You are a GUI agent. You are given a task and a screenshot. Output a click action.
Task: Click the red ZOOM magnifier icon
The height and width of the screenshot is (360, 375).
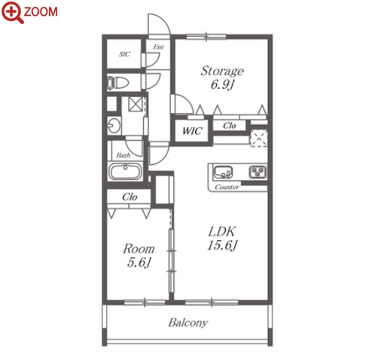click(12, 12)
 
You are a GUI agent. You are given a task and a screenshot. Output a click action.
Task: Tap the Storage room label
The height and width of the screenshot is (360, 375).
click(222, 72)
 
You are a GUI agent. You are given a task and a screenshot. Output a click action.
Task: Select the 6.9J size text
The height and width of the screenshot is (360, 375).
click(222, 84)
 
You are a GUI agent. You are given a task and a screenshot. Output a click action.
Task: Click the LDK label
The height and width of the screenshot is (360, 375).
click(222, 231)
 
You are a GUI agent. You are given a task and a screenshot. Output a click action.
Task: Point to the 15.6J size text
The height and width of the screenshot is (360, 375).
click(222, 246)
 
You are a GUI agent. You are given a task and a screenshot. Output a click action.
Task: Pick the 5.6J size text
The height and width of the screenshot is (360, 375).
click(139, 263)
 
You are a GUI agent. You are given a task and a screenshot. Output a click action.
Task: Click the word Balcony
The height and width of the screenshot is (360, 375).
click(188, 322)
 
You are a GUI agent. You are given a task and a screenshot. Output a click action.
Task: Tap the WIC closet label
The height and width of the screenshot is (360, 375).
click(192, 131)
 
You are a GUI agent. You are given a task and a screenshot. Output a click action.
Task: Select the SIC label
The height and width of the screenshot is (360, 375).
click(125, 54)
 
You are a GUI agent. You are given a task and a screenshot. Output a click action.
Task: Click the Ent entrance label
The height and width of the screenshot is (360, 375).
click(158, 47)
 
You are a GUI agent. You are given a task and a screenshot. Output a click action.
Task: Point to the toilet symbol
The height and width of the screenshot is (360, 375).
click(117, 83)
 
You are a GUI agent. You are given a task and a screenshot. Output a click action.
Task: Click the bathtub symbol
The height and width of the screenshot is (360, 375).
click(125, 172)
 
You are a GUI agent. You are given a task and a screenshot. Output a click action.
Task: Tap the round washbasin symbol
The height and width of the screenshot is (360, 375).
click(114, 125)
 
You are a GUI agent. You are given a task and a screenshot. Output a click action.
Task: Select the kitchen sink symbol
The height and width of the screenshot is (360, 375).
click(222, 172)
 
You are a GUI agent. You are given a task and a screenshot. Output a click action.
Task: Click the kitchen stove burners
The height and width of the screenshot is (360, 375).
click(258, 172)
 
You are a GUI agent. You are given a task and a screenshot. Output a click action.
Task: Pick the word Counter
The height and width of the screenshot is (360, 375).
click(227, 187)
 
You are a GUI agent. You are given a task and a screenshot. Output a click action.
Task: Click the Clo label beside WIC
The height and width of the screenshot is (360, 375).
click(230, 126)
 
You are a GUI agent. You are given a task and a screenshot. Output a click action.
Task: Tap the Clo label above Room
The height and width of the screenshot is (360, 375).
click(130, 197)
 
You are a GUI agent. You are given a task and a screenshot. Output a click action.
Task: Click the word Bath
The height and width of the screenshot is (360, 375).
click(123, 155)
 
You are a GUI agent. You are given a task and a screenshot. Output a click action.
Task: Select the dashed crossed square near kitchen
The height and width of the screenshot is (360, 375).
click(258, 138)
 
